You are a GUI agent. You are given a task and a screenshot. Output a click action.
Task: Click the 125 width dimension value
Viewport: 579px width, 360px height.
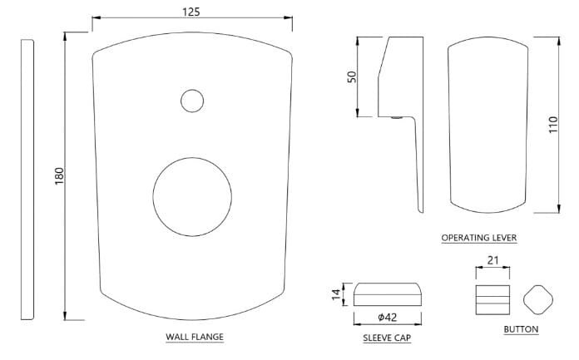tap(191, 12)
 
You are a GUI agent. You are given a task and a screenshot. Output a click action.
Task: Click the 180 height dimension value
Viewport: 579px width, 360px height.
tap(59, 176)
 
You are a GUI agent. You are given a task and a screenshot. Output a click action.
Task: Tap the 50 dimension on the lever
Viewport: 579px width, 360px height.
tap(352, 76)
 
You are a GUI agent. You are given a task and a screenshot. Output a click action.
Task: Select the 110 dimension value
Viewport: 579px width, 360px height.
tap(552, 125)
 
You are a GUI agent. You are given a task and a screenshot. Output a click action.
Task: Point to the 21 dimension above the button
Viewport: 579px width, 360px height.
tap(492, 261)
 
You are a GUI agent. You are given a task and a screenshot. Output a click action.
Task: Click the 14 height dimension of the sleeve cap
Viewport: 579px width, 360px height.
tap(335, 294)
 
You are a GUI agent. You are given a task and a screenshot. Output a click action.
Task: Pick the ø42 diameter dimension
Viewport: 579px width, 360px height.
tap(388, 317)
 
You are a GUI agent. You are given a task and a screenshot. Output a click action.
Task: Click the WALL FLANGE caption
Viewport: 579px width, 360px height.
tap(195, 337)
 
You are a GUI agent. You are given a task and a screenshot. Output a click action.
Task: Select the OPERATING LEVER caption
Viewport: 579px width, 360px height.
tap(479, 238)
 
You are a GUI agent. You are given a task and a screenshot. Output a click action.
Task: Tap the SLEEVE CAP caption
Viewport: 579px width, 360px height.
tap(387, 338)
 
